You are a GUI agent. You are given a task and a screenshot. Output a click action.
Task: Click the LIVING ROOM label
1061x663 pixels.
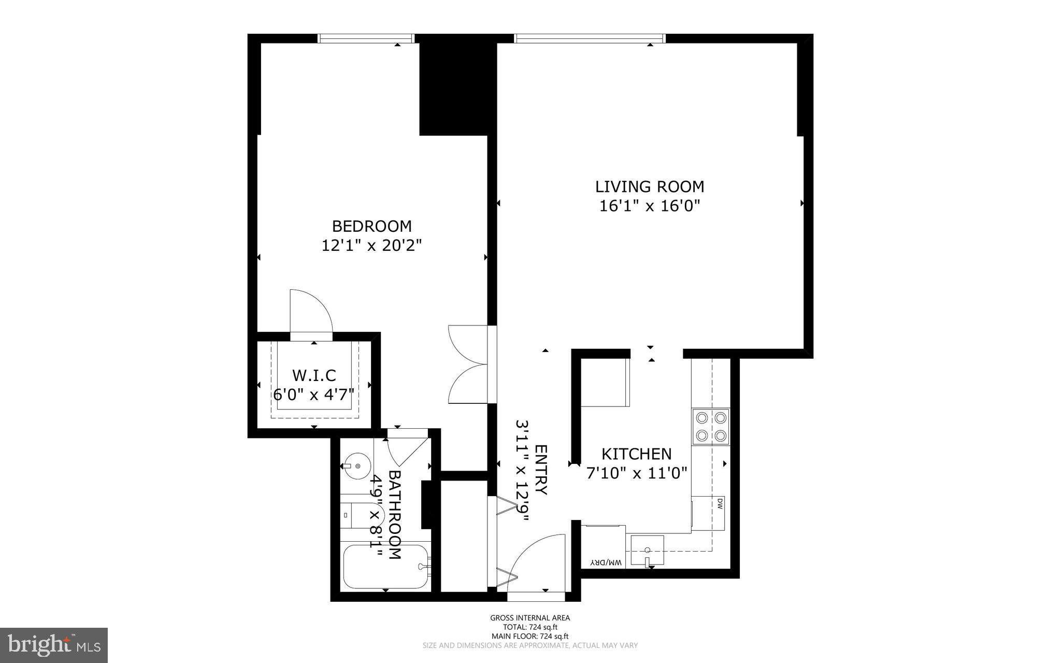tap(649, 187)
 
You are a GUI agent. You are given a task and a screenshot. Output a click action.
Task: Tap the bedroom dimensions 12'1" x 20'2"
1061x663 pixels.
tap(371, 245)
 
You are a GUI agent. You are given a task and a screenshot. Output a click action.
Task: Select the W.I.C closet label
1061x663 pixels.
tap(314, 375)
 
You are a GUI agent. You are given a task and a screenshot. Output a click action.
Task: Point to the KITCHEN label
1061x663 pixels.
tap(636, 454)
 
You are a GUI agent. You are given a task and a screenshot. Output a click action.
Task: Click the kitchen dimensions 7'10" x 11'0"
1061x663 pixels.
tap(636, 473)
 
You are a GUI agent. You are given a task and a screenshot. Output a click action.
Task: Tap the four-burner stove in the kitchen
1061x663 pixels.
tap(711, 427)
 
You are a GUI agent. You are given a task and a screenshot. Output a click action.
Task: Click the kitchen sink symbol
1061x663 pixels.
tap(647, 552)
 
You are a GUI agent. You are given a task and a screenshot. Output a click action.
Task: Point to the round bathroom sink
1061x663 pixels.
tap(357, 465)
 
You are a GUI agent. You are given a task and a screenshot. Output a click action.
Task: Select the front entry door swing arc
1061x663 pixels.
tap(534, 560)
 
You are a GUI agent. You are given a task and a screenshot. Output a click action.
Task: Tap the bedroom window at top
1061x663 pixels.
tap(366, 38)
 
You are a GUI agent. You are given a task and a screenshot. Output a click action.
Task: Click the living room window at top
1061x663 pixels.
tap(589, 38)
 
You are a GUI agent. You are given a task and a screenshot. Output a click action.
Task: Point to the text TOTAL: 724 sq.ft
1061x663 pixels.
tap(530, 627)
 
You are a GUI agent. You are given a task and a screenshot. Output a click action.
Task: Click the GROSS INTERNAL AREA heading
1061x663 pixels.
tap(530, 618)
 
